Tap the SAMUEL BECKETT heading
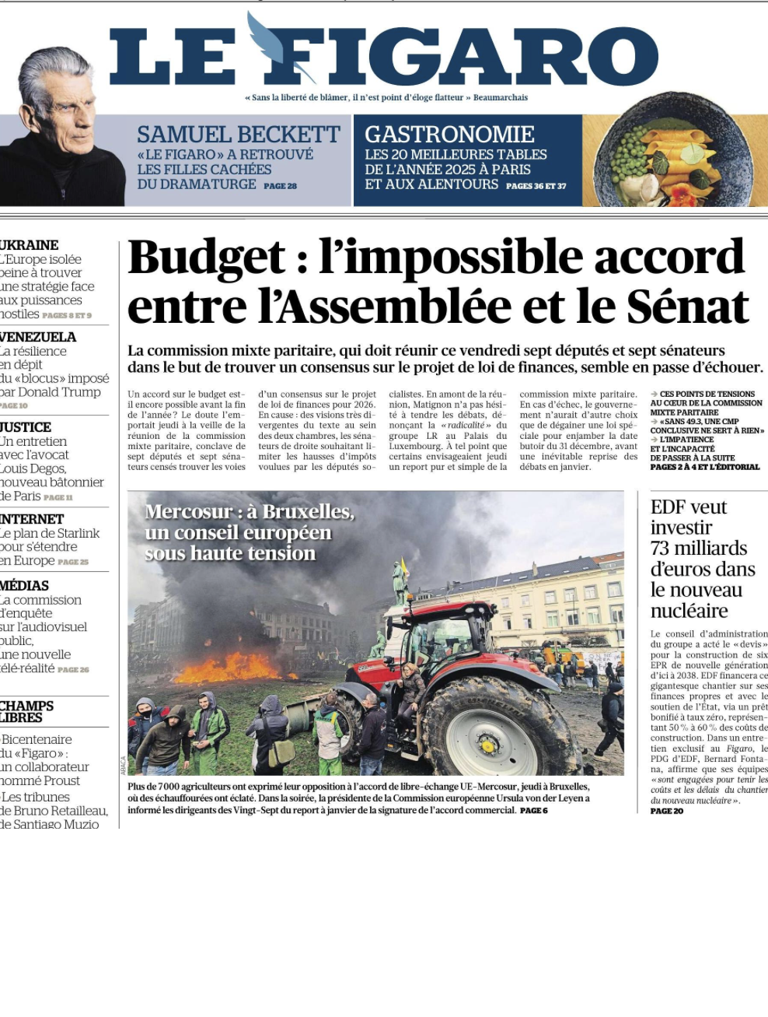tap(239, 135)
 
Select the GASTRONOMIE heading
tap(449, 135)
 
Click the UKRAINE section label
tap(30, 245)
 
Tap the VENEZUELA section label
tap(38, 337)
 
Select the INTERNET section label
tap(32, 519)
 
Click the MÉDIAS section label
tap(25, 586)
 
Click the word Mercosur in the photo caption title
tap(188, 512)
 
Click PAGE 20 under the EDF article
tap(667, 811)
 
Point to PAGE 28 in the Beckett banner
tap(280, 186)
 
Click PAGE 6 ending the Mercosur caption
tap(534, 810)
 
